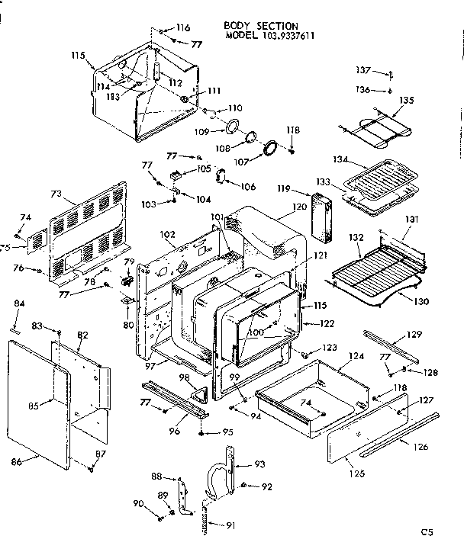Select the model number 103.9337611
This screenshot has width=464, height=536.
(276, 35)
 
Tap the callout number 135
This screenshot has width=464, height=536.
(406, 100)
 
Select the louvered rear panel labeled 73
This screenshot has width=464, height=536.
(88, 229)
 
